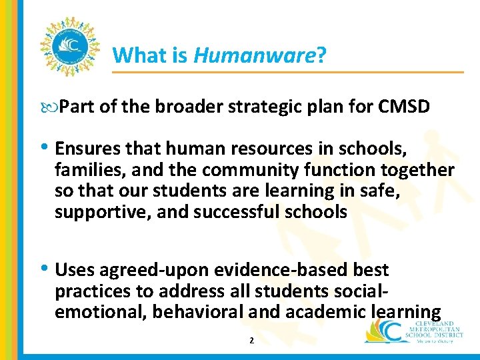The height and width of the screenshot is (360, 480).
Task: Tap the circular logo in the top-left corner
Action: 69,46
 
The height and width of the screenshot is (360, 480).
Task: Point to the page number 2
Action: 251,341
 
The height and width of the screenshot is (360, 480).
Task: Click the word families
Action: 85,170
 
